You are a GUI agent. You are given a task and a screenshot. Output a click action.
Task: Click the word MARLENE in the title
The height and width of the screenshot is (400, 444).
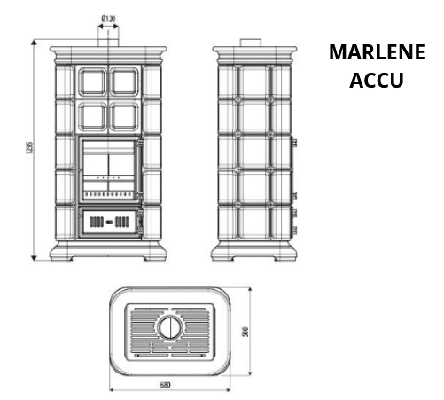(377, 52)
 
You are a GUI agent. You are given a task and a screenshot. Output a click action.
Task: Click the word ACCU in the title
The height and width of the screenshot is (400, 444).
(377, 80)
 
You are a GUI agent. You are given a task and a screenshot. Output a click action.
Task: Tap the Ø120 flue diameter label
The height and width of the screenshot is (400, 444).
(108, 19)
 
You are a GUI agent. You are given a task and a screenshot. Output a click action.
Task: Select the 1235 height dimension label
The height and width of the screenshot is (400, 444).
(28, 148)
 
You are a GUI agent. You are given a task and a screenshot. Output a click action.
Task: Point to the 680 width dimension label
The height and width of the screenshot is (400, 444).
(165, 385)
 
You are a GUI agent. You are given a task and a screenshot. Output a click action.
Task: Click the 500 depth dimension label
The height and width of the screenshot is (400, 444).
(245, 332)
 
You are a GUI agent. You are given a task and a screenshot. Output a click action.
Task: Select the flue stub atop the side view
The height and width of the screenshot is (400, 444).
(251, 43)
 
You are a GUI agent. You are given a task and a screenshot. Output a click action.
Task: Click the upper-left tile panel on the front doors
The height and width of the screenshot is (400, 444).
(92, 82)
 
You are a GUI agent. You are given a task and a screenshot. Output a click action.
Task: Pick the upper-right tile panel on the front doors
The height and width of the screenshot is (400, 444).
(124, 82)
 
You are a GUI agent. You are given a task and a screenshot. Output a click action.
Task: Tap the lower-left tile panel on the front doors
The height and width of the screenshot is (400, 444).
(92, 117)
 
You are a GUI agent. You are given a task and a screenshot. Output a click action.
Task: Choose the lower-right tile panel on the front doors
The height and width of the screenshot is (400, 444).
(124, 117)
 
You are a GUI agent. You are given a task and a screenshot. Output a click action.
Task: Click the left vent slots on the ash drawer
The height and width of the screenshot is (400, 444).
(97, 222)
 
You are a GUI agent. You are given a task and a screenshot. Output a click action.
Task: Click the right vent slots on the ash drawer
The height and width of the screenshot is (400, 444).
(122, 222)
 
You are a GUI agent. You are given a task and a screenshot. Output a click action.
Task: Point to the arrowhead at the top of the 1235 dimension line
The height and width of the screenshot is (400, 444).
(34, 43)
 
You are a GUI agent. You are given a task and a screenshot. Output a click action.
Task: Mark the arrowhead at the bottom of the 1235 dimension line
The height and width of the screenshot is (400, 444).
(34, 258)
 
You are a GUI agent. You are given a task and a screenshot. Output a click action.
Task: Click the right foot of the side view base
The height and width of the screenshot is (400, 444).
(286, 258)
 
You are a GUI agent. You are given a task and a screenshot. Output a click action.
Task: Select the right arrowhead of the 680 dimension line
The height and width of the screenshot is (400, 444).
(228, 390)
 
